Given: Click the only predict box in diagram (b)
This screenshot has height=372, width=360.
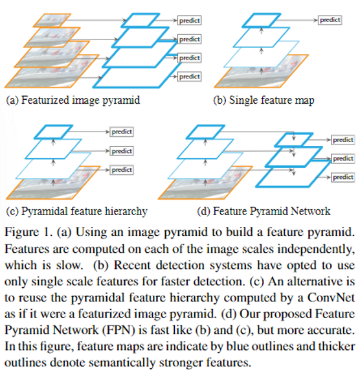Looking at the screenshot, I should (x=330, y=20).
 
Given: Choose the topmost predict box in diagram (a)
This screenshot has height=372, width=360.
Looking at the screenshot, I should (x=189, y=20).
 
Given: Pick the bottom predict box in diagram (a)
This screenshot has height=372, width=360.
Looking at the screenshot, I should (x=189, y=76).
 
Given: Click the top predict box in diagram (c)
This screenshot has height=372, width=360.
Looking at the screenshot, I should (x=121, y=132).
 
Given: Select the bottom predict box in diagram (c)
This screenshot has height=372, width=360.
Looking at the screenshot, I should (x=121, y=170).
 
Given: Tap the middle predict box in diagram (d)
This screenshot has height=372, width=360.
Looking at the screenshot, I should (x=343, y=158).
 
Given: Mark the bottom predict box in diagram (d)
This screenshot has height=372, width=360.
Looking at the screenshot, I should (x=343, y=177).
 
